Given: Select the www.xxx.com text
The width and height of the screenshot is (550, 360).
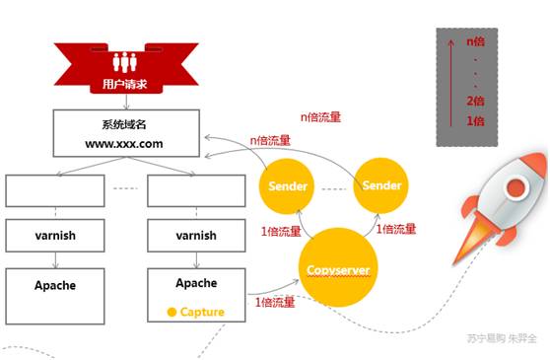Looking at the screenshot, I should pyautogui.click(x=125, y=143).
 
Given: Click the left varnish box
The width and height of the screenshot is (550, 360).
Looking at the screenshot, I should pyautogui.click(x=54, y=236).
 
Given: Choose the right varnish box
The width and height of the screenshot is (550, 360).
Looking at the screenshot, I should pyautogui.click(x=196, y=236).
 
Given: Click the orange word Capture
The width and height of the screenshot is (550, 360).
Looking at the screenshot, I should pyautogui.click(x=202, y=312).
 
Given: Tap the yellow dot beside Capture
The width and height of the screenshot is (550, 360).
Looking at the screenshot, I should pyautogui.click(x=172, y=313).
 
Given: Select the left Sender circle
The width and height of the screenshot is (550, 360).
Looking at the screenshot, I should pyautogui.click(x=288, y=186).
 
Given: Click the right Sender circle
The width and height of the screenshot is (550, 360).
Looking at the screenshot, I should pyautogui.click(x=381, y=185).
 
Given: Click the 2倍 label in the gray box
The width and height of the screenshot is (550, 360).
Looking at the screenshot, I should pyautogui.click(x=477, y=101).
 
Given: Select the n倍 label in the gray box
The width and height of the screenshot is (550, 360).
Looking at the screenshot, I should pyautogui.click(x=477, y=42).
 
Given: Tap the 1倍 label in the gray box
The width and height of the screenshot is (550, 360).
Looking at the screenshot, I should pyautogui.click(x=477, y=120).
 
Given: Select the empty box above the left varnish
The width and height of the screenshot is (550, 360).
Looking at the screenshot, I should pyautogui.click(x=54, y=190).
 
